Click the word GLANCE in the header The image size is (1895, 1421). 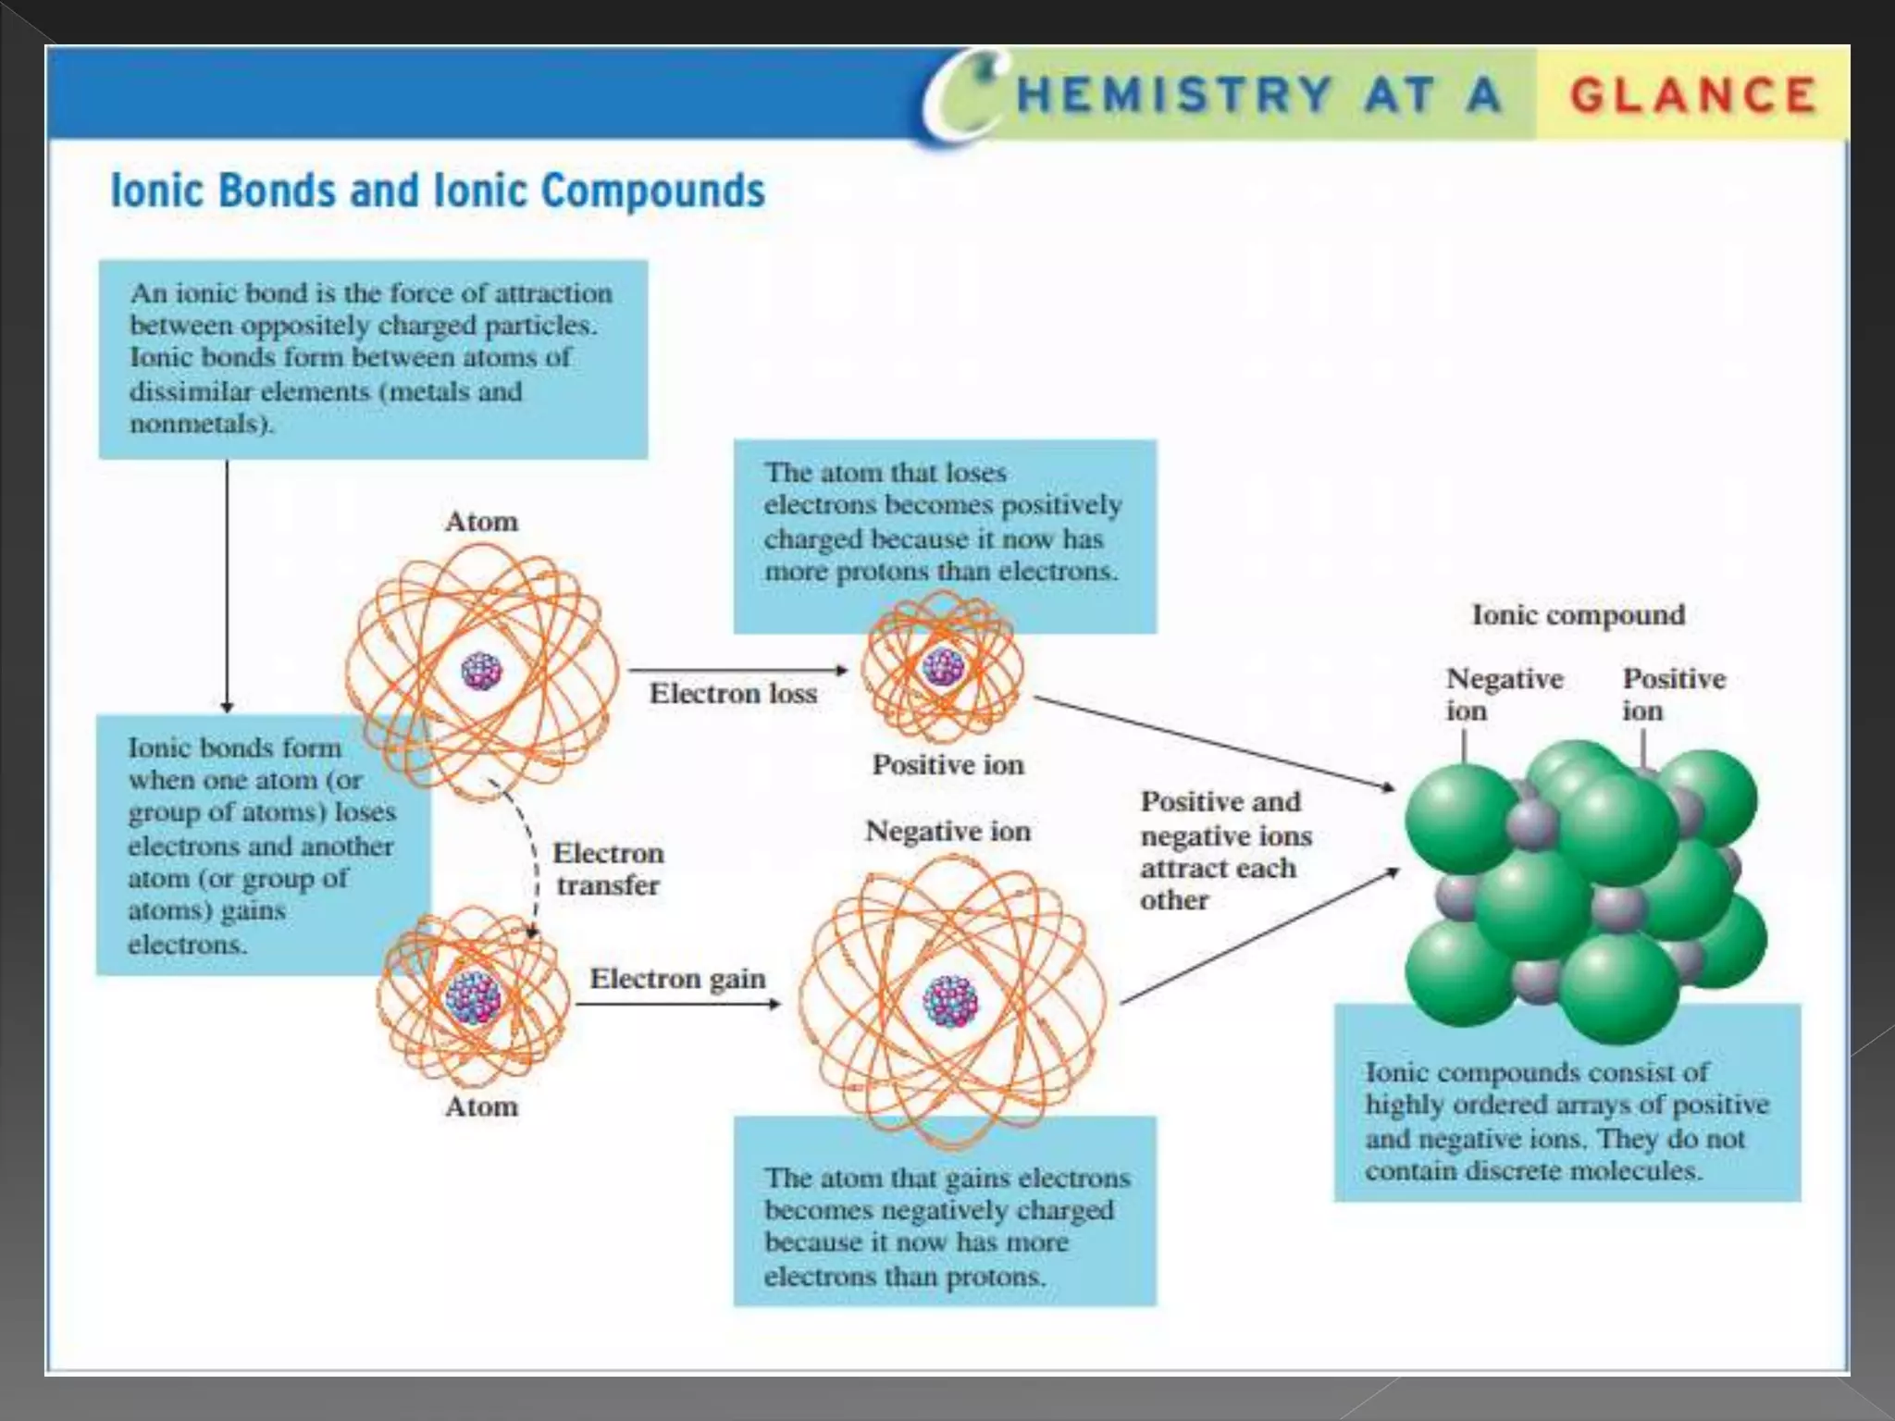pos(1692,96)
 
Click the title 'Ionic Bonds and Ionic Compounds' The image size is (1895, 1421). pos(438,191)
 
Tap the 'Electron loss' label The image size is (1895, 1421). pos(733,694)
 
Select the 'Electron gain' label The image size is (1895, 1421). pos(677,979)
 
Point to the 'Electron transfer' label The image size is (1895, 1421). pos(608,869)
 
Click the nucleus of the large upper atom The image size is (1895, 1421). pos(481,672)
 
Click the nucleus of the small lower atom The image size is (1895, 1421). pos(473,997)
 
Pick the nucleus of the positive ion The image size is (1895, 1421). pos(943,666)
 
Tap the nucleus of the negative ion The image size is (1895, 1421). pos(950,1002)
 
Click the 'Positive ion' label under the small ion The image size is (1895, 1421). pos(947,765)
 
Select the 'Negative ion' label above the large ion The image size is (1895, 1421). pos(947,832)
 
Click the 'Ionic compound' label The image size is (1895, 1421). pos(1578,615)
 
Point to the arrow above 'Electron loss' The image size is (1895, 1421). pos(737,670)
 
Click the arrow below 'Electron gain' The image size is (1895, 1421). pos(677,1004)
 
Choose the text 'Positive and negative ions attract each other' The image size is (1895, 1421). pos(1225,850)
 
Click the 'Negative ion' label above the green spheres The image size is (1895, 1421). pos(1504,694)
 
